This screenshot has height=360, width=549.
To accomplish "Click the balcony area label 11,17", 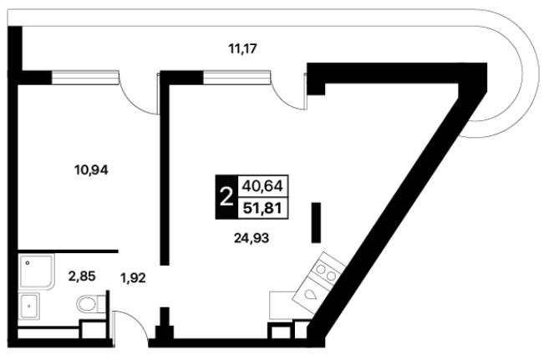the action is [x=243, y=48].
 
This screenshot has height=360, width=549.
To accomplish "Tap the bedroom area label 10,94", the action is [x=91, y=170].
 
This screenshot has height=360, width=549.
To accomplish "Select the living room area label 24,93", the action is [x=252, y=238].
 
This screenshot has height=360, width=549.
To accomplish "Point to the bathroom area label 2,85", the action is [x=82, y=276].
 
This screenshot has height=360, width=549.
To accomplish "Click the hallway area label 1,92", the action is [x=133, y=278].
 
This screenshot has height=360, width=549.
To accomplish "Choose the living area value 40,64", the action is [x=262, y=185].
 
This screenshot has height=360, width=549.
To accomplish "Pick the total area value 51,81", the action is [x=262, y=209].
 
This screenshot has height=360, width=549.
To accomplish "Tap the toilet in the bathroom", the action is [x=91, y=303].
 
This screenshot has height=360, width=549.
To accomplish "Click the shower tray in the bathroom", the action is [x=37, y=272].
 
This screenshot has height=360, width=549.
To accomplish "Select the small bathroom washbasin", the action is [x=29, y=306].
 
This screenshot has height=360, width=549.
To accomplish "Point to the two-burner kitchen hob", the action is [x=327, y=272].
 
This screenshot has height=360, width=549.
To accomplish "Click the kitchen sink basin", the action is [x=311, y=295].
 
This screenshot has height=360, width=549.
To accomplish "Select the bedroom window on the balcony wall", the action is [x=84, y=78].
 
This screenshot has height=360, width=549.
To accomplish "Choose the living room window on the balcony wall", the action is [x=237, y=78].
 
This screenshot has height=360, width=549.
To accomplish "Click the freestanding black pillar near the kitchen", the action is [x=316, y=222].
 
